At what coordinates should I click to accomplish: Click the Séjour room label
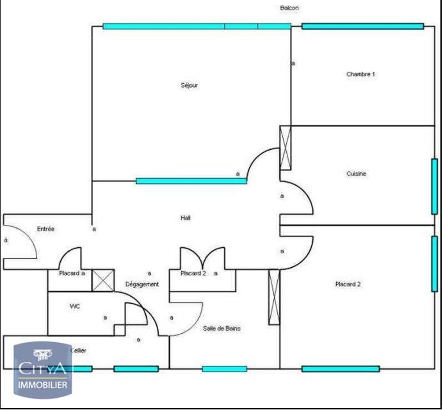(x=189, y=85)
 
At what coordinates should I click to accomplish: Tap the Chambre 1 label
(x=361, y=74)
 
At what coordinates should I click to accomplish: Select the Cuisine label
(x=356, y=174)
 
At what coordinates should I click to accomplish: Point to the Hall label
(x=185, y=218)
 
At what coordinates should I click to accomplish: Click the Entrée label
(x=46, y=229)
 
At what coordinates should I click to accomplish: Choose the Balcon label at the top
(x=289, y=8)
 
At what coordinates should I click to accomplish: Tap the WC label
(x=74, y=306)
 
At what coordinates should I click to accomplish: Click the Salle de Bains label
(x=222, y=328)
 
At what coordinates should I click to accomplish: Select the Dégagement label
(x=142, y=284)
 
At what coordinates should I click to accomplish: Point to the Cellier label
(x=78, y=350)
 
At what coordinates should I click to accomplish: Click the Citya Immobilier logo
(x=43, y=370)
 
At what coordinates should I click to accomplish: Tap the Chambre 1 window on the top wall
(x=363, y=26)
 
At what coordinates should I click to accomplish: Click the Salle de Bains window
(x=225, y=369)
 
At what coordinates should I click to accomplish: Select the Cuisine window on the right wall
(x=434, y=187)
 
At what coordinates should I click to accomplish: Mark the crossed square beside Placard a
(x=103, y=280)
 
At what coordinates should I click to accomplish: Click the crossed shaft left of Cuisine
(x=285, y=148)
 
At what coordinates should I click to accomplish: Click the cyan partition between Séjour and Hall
(x=191, y=181)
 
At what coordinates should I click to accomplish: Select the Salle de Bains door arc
(x=194, y=325)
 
